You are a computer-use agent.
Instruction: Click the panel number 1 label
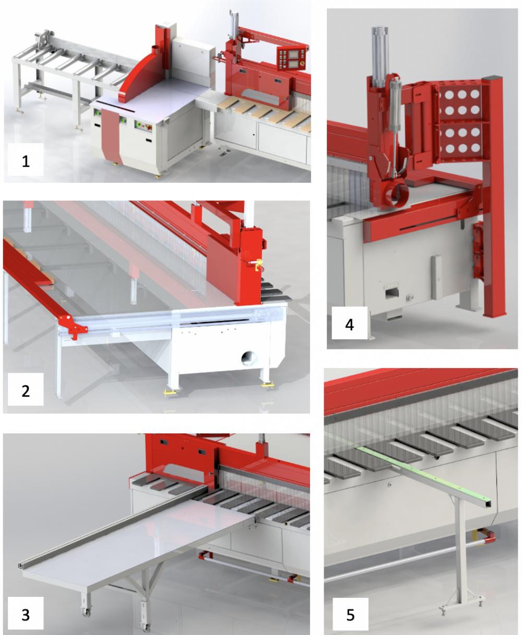click(26, 161)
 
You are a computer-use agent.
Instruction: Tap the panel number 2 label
click(26, 391)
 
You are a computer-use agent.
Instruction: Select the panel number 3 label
click(26, 615)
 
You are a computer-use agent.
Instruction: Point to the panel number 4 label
click(349, 325)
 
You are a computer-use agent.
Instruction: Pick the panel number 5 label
click(350, 615)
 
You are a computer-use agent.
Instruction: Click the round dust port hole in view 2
click(248, 358)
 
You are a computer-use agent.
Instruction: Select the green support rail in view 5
click(428, 476)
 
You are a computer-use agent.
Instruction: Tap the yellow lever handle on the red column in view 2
click(256, 264)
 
